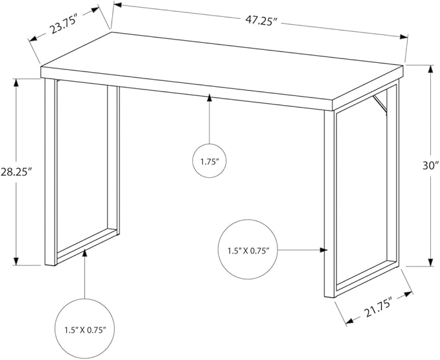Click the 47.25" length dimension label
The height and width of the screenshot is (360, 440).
click(261, 21)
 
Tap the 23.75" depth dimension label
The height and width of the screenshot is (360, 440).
click(64, 25)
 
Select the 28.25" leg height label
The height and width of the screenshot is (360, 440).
click(15, 172)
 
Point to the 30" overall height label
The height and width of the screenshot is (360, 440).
click(430, 165)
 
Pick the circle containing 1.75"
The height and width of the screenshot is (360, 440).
click(209, 161)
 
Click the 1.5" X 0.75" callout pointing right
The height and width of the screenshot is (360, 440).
click(248, 249)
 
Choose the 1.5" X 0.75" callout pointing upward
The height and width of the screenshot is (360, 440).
click(85, 328)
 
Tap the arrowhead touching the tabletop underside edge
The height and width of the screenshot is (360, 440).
click(209, 98)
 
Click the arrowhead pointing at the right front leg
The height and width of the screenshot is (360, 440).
click(324, 250)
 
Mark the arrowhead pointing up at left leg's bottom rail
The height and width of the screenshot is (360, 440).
click(85, 253)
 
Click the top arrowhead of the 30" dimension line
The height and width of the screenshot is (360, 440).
click(430, 69)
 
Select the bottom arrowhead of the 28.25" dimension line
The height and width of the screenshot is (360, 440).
click(16, 261)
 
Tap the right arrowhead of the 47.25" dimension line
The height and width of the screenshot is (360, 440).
click(404, 36)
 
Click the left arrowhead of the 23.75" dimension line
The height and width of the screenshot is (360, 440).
click(34, 39)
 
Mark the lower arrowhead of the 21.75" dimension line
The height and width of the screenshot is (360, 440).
click(350, 320)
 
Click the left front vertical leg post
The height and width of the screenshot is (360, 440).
click(51, 172)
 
